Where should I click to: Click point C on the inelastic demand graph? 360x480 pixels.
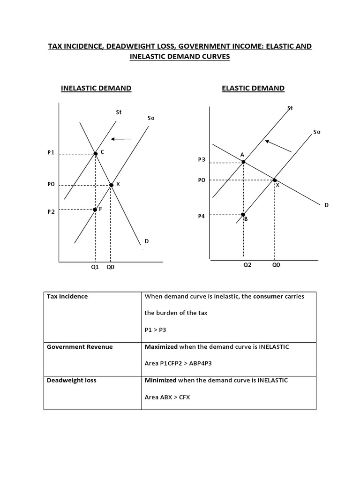(96, 153)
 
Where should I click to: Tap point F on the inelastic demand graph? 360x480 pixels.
(95, 210)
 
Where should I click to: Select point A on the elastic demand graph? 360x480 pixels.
(243, 162)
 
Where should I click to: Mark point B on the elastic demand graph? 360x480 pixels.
(243, 215)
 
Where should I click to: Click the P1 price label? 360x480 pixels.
(51, 153)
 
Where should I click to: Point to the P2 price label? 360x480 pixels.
(51, 211)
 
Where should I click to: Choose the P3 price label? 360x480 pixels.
(202, 159)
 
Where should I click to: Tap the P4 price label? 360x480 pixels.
(202, 216)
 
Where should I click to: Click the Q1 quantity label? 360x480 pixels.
(95, 268)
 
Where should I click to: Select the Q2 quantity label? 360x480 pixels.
(247, 264)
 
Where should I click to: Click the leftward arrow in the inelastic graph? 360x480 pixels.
(121, 139)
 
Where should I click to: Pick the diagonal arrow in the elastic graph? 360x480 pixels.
(278, 145)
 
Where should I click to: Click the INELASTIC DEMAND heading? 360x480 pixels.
(96, 88)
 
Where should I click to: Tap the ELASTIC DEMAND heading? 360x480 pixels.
(253, 88)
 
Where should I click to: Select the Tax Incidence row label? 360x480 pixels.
(67, 296)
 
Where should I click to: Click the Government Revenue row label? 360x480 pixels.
(80, 347)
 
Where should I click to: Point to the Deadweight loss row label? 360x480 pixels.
(72, 380)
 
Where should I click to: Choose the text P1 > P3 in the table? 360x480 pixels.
(155, 330)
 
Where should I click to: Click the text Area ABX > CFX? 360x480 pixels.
(167, 397)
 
